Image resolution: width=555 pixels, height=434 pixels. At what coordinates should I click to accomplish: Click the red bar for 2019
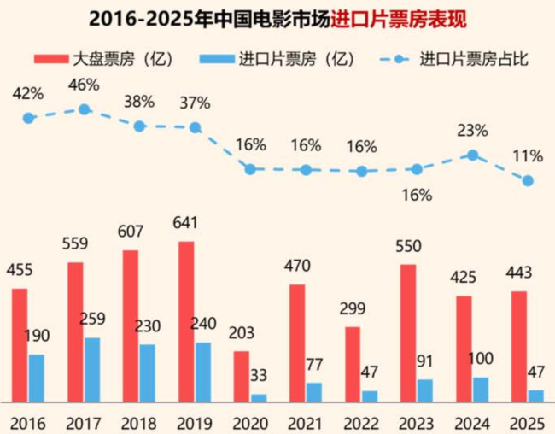point(186,321)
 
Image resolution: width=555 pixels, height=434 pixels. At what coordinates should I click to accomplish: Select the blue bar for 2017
point(92,369)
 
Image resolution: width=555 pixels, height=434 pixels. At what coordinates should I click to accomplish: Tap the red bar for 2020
point(242,376)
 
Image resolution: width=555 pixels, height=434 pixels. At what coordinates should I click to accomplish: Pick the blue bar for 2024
point(481,389)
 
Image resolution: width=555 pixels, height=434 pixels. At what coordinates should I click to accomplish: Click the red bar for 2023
point(408,332)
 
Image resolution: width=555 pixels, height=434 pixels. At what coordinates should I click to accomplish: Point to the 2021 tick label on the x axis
point(306,423)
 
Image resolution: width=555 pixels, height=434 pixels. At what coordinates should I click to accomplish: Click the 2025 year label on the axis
point(528,423)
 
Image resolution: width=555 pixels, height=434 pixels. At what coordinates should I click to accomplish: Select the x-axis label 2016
point(28,423)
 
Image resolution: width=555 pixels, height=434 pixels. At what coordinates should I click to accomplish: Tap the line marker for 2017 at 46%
point(84,109)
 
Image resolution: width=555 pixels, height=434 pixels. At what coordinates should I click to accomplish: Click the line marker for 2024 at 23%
point(472,155)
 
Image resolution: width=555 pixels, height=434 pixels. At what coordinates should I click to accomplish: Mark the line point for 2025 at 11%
point(528,181)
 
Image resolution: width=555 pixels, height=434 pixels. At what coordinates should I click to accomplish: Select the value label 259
point(92,320)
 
